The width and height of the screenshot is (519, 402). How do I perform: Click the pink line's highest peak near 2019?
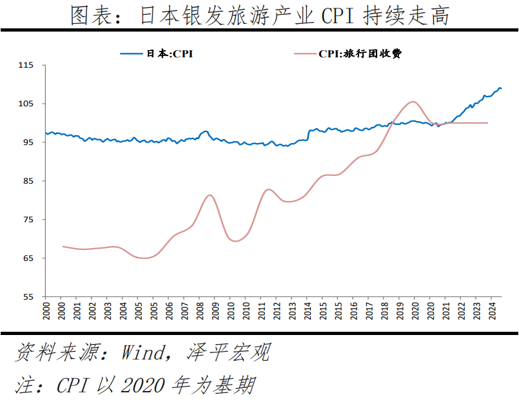pos(413,101)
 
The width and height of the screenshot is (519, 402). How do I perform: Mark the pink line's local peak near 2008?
pos(210,195)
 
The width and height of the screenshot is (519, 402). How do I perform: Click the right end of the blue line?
pos(501,88)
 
